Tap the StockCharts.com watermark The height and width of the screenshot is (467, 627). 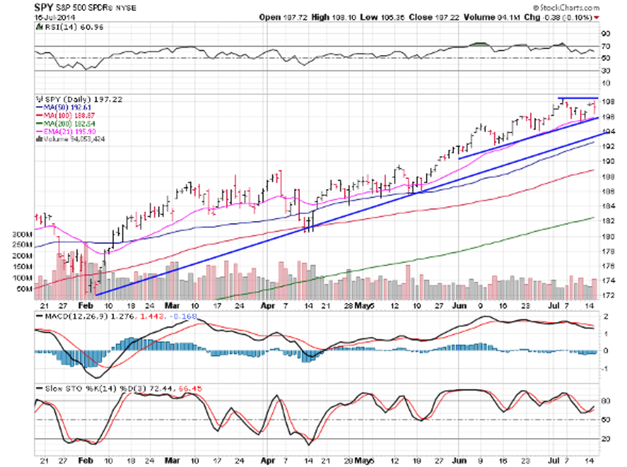(570, 8)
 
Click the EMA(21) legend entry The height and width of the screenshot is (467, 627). (66, 131)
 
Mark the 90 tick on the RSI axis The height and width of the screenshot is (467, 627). (606, 33)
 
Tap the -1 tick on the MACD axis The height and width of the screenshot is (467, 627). (605, 369)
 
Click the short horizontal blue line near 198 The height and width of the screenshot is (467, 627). (577, 98)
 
